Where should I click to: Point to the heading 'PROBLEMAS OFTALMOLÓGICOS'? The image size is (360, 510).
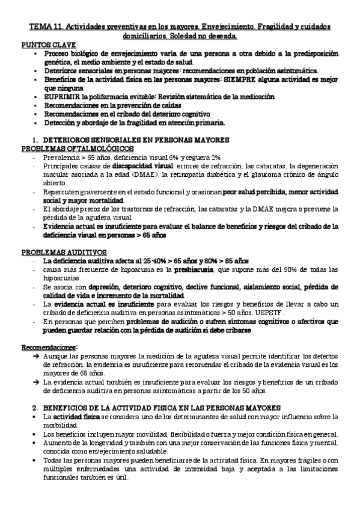click(78, 148)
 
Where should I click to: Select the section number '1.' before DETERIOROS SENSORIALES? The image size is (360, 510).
click(35, 140)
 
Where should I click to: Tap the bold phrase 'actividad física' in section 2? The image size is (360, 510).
click(75, 417)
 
